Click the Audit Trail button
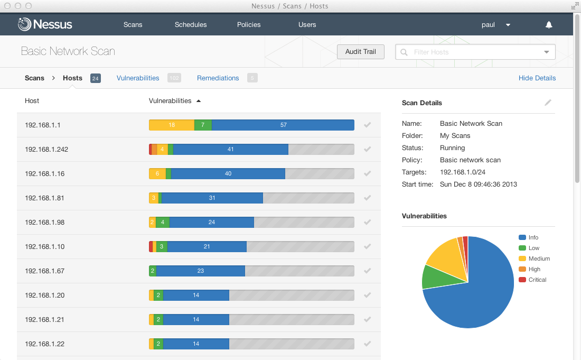pyautogui.click(x=361, y=52)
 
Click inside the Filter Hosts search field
pyautogui.click(x=470, y=52)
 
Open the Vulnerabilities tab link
pyautogui.click(x=138, y=78)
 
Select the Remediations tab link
pyautogui.click(x=218, y=78)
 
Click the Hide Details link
pyautogui.click(x=537, y=78)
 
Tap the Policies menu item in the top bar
pyautogui.click(x=248, y=24)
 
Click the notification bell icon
pyautogui.click(x=549, y=24)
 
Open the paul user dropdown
pyautogui.click(x=495, y=24)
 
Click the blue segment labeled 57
pyautogui.click(x=283, y=125)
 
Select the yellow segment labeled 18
pyautogui.click(x=172, y=125)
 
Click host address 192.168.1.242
pyautogui.click(x=46, y=149)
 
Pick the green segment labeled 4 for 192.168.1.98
pyautogui.click(x=163, y=222)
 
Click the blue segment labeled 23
pyautogui.click(x=201, y=271)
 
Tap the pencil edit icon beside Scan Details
pyautogui.click(x=548, y=103)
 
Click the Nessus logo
pyautogui.click(x=45, y=24)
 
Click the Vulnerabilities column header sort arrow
pyautogui.click(x=199, y=100)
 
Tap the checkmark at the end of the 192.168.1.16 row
pyautogui.click(x=368, y=173)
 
